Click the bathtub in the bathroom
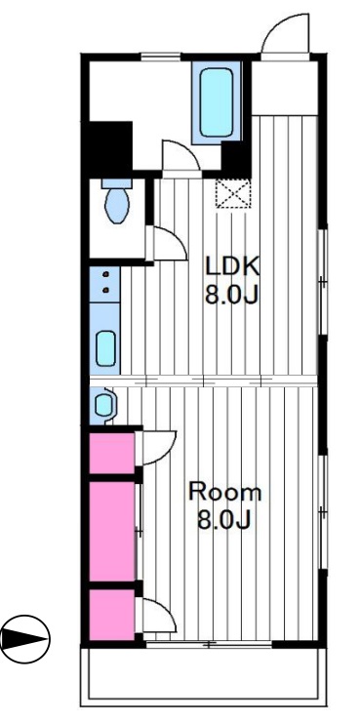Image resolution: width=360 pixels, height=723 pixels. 217,102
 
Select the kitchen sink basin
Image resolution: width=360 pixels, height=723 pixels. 105,348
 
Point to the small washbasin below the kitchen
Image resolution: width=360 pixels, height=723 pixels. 103,405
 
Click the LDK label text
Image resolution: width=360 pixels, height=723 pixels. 232,266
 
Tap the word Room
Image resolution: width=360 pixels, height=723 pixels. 225,493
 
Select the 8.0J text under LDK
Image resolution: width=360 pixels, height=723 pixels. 231,295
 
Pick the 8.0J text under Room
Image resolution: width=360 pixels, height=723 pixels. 224,521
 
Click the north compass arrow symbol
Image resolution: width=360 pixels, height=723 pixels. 25,639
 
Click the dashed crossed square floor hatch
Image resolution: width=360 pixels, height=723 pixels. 233,194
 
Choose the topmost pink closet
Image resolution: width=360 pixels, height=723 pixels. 111,453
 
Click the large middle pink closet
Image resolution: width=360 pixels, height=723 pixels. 111,531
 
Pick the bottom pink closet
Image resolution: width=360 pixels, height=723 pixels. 111,615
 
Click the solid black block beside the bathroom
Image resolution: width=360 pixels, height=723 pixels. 110,145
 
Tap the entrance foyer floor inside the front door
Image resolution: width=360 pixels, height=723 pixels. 285,88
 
